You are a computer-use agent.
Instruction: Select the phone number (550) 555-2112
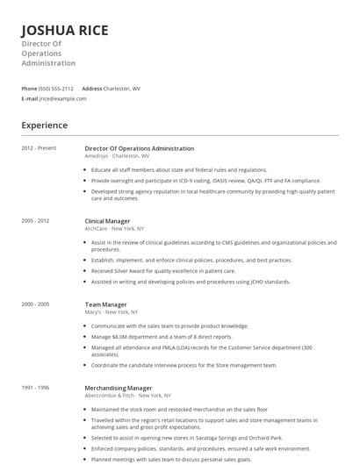[x=56, y=89]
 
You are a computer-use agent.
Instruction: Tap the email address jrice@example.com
[x=62, y=98]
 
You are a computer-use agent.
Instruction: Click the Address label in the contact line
[x=91, y=89]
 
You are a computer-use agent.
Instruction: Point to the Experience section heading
[x=44, y=125]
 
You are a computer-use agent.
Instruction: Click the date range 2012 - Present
[x=39, y=148]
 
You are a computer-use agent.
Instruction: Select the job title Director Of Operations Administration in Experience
[x=139, y=148]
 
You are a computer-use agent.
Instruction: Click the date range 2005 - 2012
[x=35, y=221]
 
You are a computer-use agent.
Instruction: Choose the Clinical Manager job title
[x=107, y=221]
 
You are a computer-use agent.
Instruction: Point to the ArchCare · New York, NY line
[x=115, y=229]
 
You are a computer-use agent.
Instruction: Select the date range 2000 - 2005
[x=35, y=304]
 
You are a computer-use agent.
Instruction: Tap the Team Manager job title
[x=105, y=304]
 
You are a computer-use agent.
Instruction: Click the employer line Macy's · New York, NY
[x=111, y=311]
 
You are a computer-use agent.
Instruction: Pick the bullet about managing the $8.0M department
[x=162, y=336]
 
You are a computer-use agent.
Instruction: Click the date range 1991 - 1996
[x=35, y=386]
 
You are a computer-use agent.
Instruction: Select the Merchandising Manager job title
[x=118, y=386]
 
